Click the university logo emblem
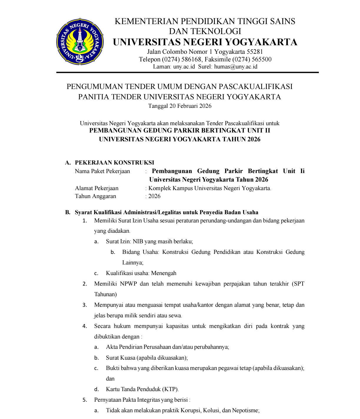tap(80, 41)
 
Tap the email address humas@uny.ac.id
tap(236, 67)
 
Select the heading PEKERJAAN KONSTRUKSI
tap(114, 163)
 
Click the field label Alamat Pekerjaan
tap(96, 188)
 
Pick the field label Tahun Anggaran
tap(95, 196)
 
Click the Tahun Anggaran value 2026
tap(154, 196)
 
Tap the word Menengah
tap(164, 273)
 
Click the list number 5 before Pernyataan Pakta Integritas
tap(85, 400)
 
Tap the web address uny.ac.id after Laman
tap(184, 67)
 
